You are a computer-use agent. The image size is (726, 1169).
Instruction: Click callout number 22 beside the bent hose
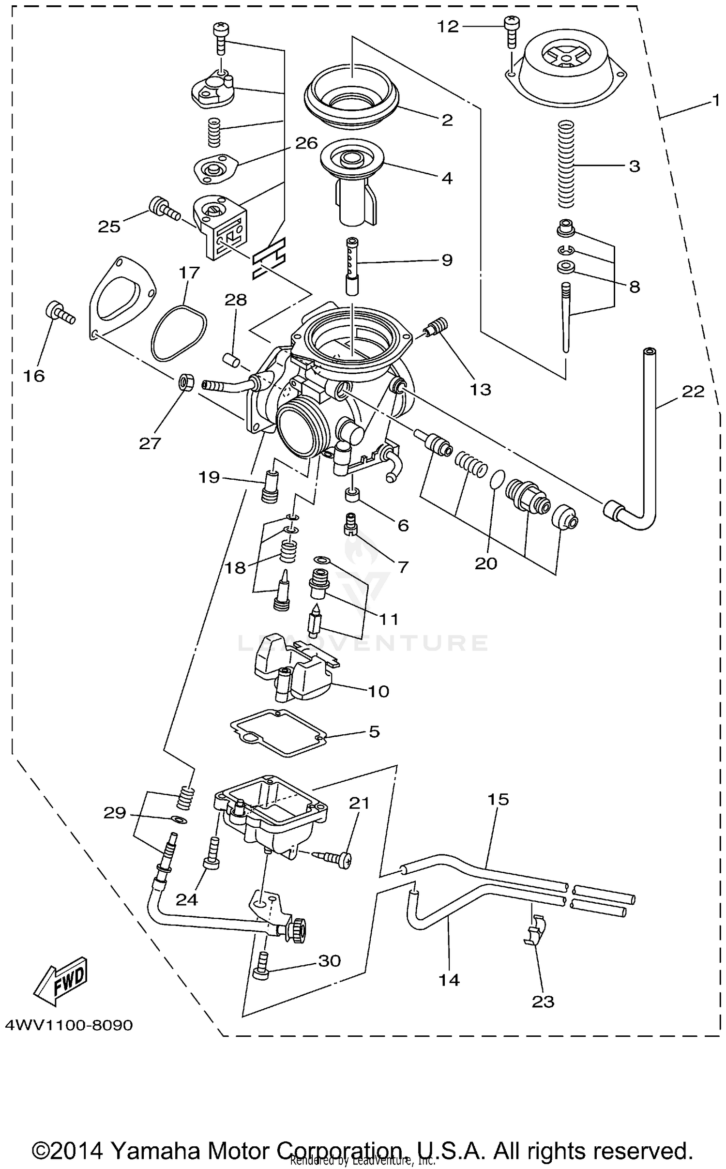pos(693,391)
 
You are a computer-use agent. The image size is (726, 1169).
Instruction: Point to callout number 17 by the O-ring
pos(189,273)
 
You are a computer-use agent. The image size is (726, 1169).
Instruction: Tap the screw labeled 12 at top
pos(511,30)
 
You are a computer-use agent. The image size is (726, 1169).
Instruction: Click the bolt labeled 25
pos(164,209)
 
